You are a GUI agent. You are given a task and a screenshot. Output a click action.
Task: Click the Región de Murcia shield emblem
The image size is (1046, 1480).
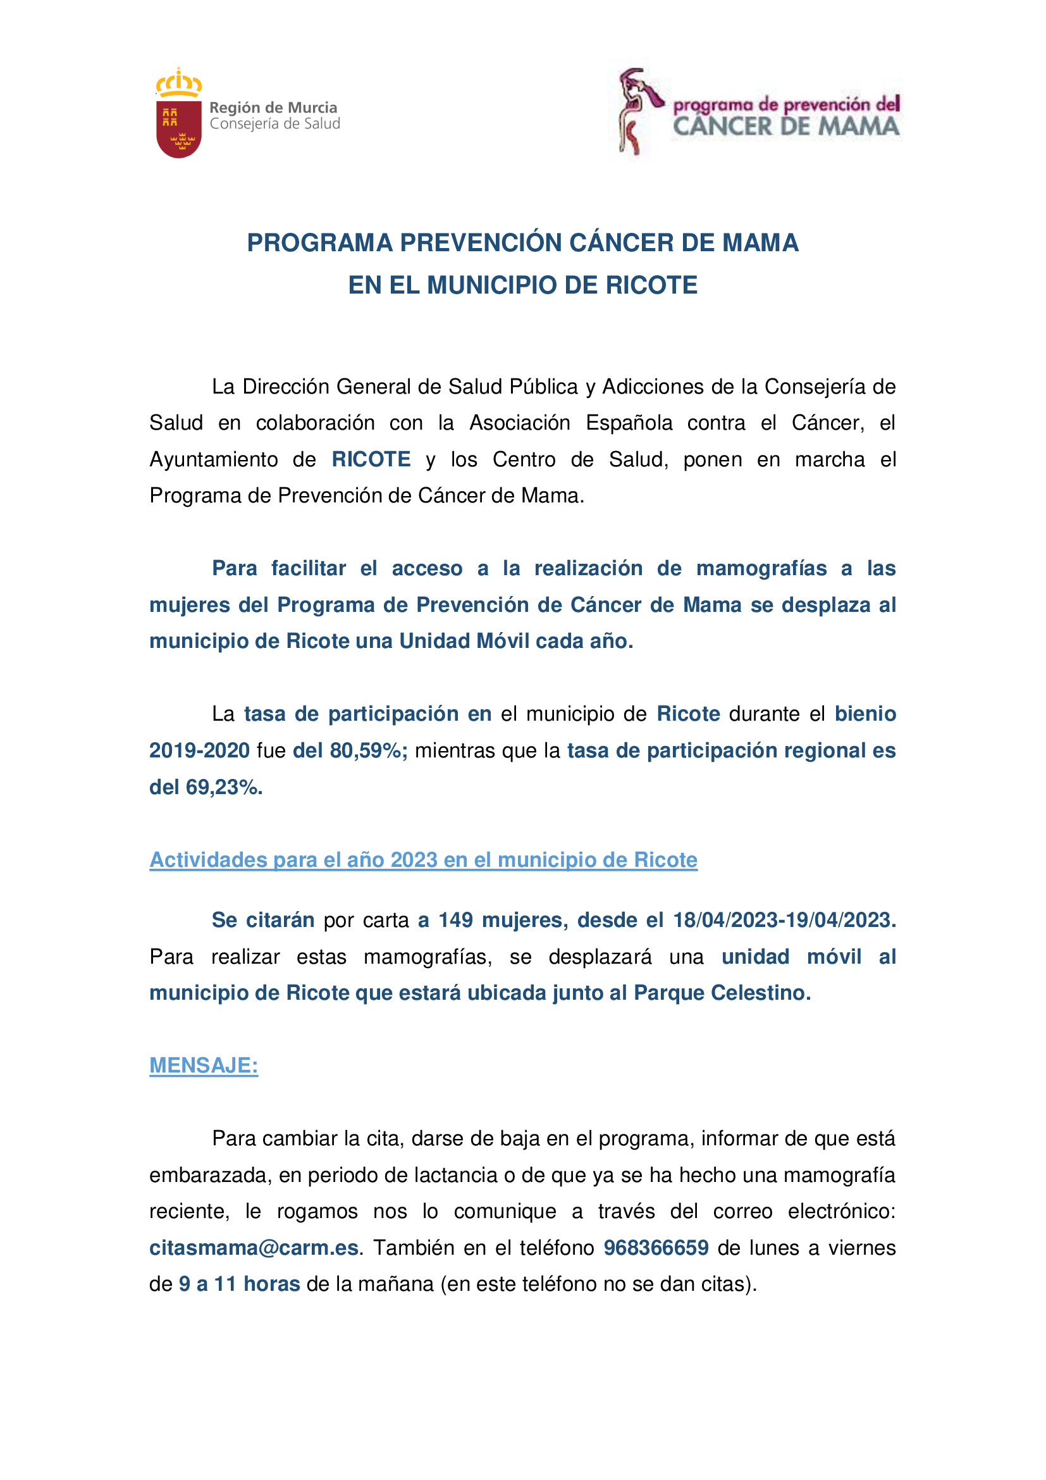(178, 127)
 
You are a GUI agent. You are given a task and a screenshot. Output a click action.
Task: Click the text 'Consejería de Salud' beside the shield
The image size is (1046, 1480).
(275, 124)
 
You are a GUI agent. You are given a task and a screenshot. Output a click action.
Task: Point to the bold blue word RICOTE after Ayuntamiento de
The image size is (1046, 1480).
(371, 459)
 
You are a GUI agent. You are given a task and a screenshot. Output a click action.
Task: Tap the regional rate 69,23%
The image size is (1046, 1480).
(223, 787)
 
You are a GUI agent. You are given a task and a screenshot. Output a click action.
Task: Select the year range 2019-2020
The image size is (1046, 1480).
(200, 750)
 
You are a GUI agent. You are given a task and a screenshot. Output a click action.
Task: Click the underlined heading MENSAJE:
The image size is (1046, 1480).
(204, 1066)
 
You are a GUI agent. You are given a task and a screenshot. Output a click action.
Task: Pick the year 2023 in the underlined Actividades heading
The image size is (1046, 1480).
(417, 860)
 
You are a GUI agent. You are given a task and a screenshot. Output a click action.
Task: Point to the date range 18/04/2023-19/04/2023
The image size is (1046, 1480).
(784, 920)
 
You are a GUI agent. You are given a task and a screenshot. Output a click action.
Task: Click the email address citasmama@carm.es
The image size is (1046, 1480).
(254, 1248)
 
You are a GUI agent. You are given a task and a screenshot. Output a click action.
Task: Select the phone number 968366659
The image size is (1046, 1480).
(656, 1248)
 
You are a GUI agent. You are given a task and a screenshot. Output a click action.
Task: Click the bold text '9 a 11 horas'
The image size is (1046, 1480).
(239, 1284)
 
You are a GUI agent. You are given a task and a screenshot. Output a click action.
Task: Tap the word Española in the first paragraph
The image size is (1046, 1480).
(629, 423)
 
